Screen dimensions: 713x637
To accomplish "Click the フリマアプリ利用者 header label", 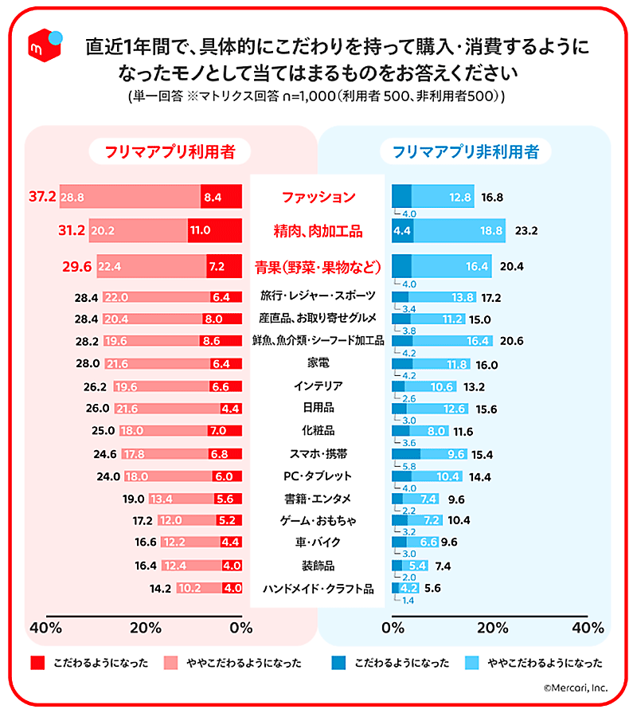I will coord(170,151).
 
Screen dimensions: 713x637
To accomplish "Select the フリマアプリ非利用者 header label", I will coord(465,151).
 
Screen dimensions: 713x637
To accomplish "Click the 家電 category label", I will coord(318,362).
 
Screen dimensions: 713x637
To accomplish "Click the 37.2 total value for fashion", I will coord(41,197).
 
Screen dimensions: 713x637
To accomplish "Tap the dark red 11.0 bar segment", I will coord(214,232).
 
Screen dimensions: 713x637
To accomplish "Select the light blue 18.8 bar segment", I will coord(459,231).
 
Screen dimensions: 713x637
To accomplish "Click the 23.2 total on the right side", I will coord(527,232).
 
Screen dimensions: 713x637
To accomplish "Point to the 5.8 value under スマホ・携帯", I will coord(411,466).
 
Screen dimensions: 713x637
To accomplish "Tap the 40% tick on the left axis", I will coord(46,628).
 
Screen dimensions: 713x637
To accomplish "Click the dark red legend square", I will coord(37,663).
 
